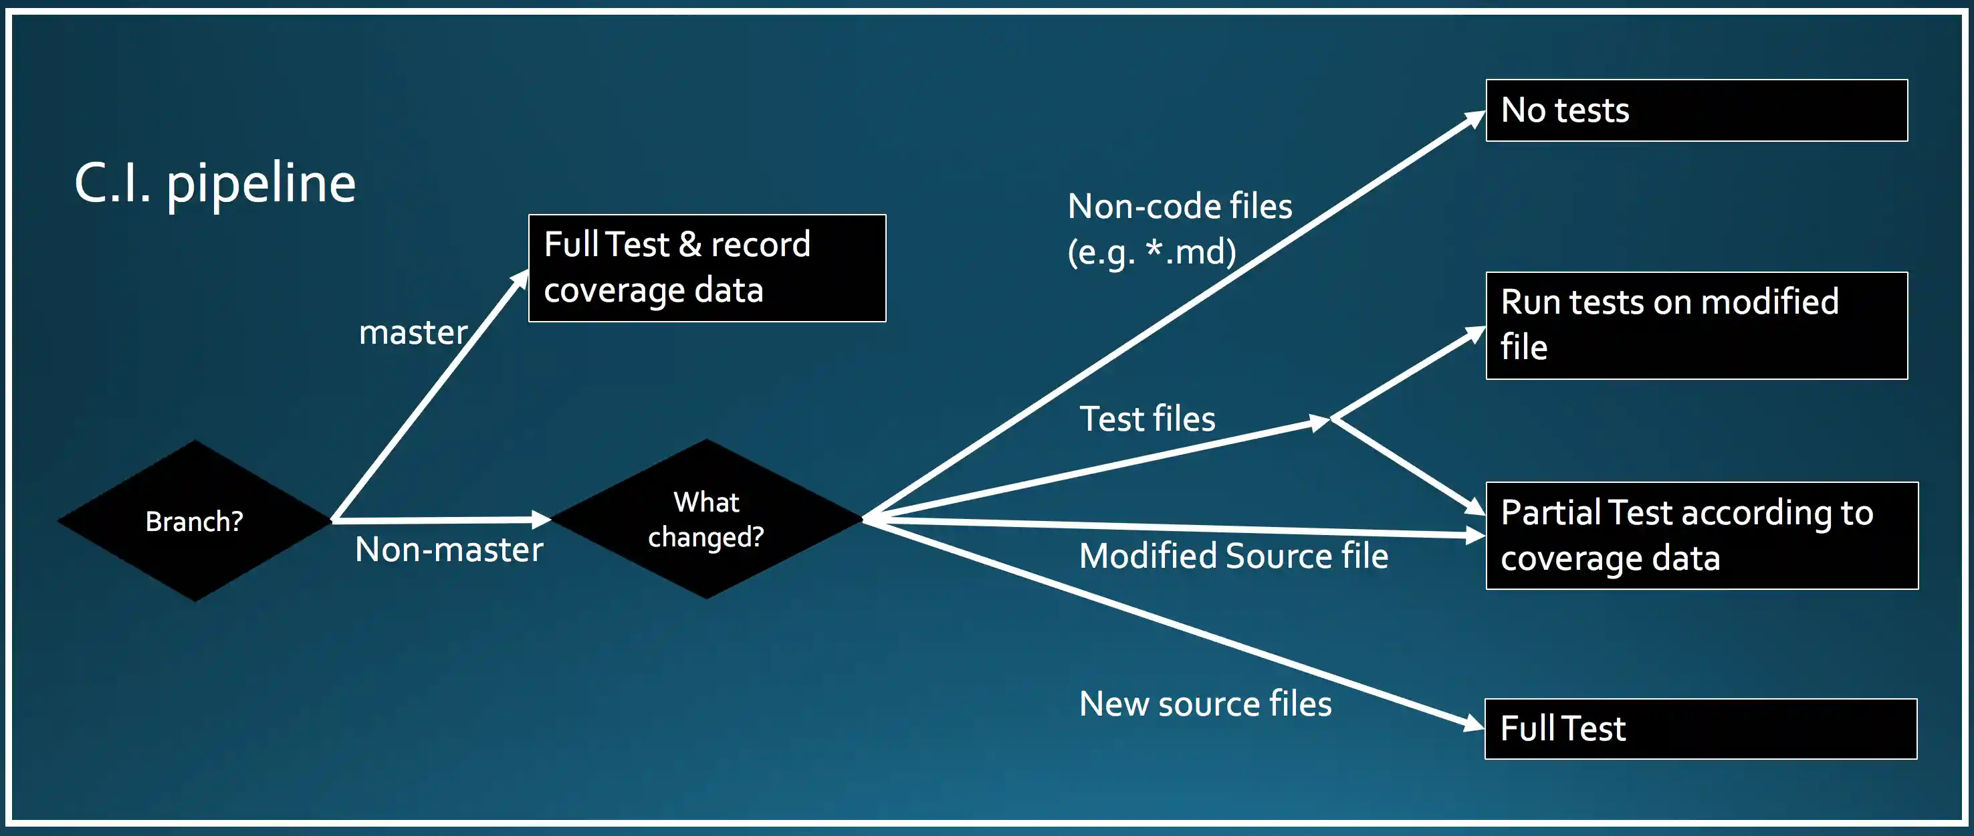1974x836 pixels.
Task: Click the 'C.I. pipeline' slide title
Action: (x=215, y=184)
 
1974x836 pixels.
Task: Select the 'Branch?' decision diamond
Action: (x=195, y=521)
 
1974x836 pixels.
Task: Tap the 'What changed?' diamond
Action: (x=705, y=520)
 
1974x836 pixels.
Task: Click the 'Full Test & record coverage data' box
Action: (x=707, y=268)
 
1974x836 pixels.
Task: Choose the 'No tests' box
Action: (x=1696, y=110)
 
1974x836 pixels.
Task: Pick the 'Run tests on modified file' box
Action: (x=1696, y=325)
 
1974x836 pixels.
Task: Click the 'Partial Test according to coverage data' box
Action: (x=1701, y=535)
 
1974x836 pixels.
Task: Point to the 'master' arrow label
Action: (x=413, y=332)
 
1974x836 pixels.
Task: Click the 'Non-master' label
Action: (x=449, y=549)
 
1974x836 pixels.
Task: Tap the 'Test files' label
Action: (x=1147, y=419)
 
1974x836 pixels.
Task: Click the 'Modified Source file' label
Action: (x=1233, y=556)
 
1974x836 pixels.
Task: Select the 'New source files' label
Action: (x=1204, y=704)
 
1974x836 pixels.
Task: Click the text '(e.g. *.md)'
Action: (x=1151, y=252)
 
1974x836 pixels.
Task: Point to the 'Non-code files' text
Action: (x=1180, y=206)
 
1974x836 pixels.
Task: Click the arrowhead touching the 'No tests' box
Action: (x=1474, y=119)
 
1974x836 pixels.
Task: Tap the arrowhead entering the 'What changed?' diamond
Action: (x=541, y=520)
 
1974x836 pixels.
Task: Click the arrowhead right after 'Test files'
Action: (x=1319, y=422)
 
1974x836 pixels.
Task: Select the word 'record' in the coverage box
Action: (x=760, y=244)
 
